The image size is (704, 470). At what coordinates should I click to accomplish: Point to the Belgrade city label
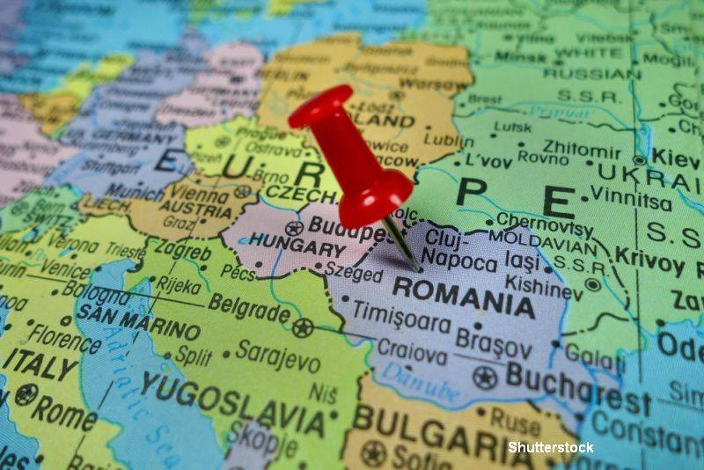pos(249,310)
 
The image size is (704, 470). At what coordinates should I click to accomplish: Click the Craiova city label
pos(411,351)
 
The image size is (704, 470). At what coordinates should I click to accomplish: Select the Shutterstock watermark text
pos(551,447)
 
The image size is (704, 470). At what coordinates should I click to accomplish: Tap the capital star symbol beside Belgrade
pos(303,328)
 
